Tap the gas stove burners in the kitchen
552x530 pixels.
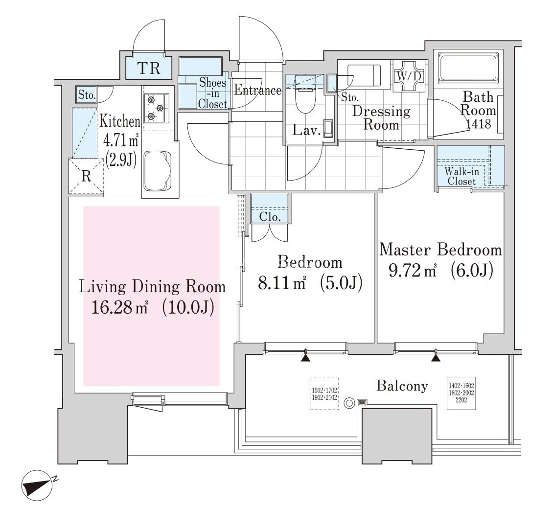[x=156, y=108]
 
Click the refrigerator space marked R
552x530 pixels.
[x=86, y=176]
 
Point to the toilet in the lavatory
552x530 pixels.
[x=305, y=94]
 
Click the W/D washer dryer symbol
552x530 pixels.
[x=409, y=76]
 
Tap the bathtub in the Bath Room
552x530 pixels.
[x=468, y=68]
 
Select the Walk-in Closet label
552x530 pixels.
[x=461, y=177]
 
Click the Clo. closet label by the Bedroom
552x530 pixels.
[x=270, y=217]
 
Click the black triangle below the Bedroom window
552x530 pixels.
[x=305, y=358]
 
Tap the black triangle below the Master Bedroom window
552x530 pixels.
[x=436, y=358]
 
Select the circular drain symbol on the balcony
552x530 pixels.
[x=349, y=403]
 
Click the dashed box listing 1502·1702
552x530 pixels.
[x=324, y=393]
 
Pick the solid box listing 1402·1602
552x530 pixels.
[x=461, y=393]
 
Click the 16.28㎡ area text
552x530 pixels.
[x=119, y=307]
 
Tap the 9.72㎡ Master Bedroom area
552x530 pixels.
[x=413, y=271]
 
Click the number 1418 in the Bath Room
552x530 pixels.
[x=479, y=124]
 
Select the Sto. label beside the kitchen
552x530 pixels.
[x=87, y=95]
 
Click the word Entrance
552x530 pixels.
[x=258, y=90]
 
